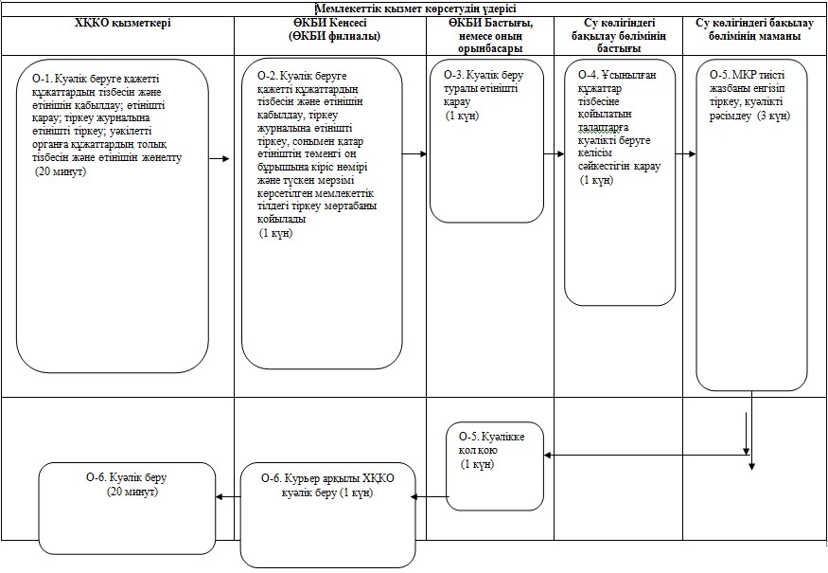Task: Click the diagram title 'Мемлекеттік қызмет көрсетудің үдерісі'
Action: tap(415, 9)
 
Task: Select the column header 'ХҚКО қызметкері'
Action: tap(123, 24)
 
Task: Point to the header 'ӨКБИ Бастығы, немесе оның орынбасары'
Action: tap(490, 36)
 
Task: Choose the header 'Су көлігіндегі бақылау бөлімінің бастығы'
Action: tap(619, 36)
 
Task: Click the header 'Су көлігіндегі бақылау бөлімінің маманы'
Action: tap(755, 29)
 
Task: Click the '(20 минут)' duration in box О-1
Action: tap(61, 171)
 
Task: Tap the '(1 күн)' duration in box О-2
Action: tap(275, 233)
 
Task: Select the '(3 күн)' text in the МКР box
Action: tap(774, 116)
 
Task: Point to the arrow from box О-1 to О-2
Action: tap(220, 158)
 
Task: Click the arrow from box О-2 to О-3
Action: tap(414, 153)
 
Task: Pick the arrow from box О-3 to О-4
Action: tap(554, 153)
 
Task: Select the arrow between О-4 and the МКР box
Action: tap(685, 153)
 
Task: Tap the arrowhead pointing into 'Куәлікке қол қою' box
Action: tap(548, 455)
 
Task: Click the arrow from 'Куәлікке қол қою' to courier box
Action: tap(430, 496)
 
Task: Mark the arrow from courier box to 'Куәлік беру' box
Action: tap(228, 496)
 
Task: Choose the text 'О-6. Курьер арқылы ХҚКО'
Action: tap(327, 478)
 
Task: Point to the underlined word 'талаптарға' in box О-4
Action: tap(603, 128)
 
